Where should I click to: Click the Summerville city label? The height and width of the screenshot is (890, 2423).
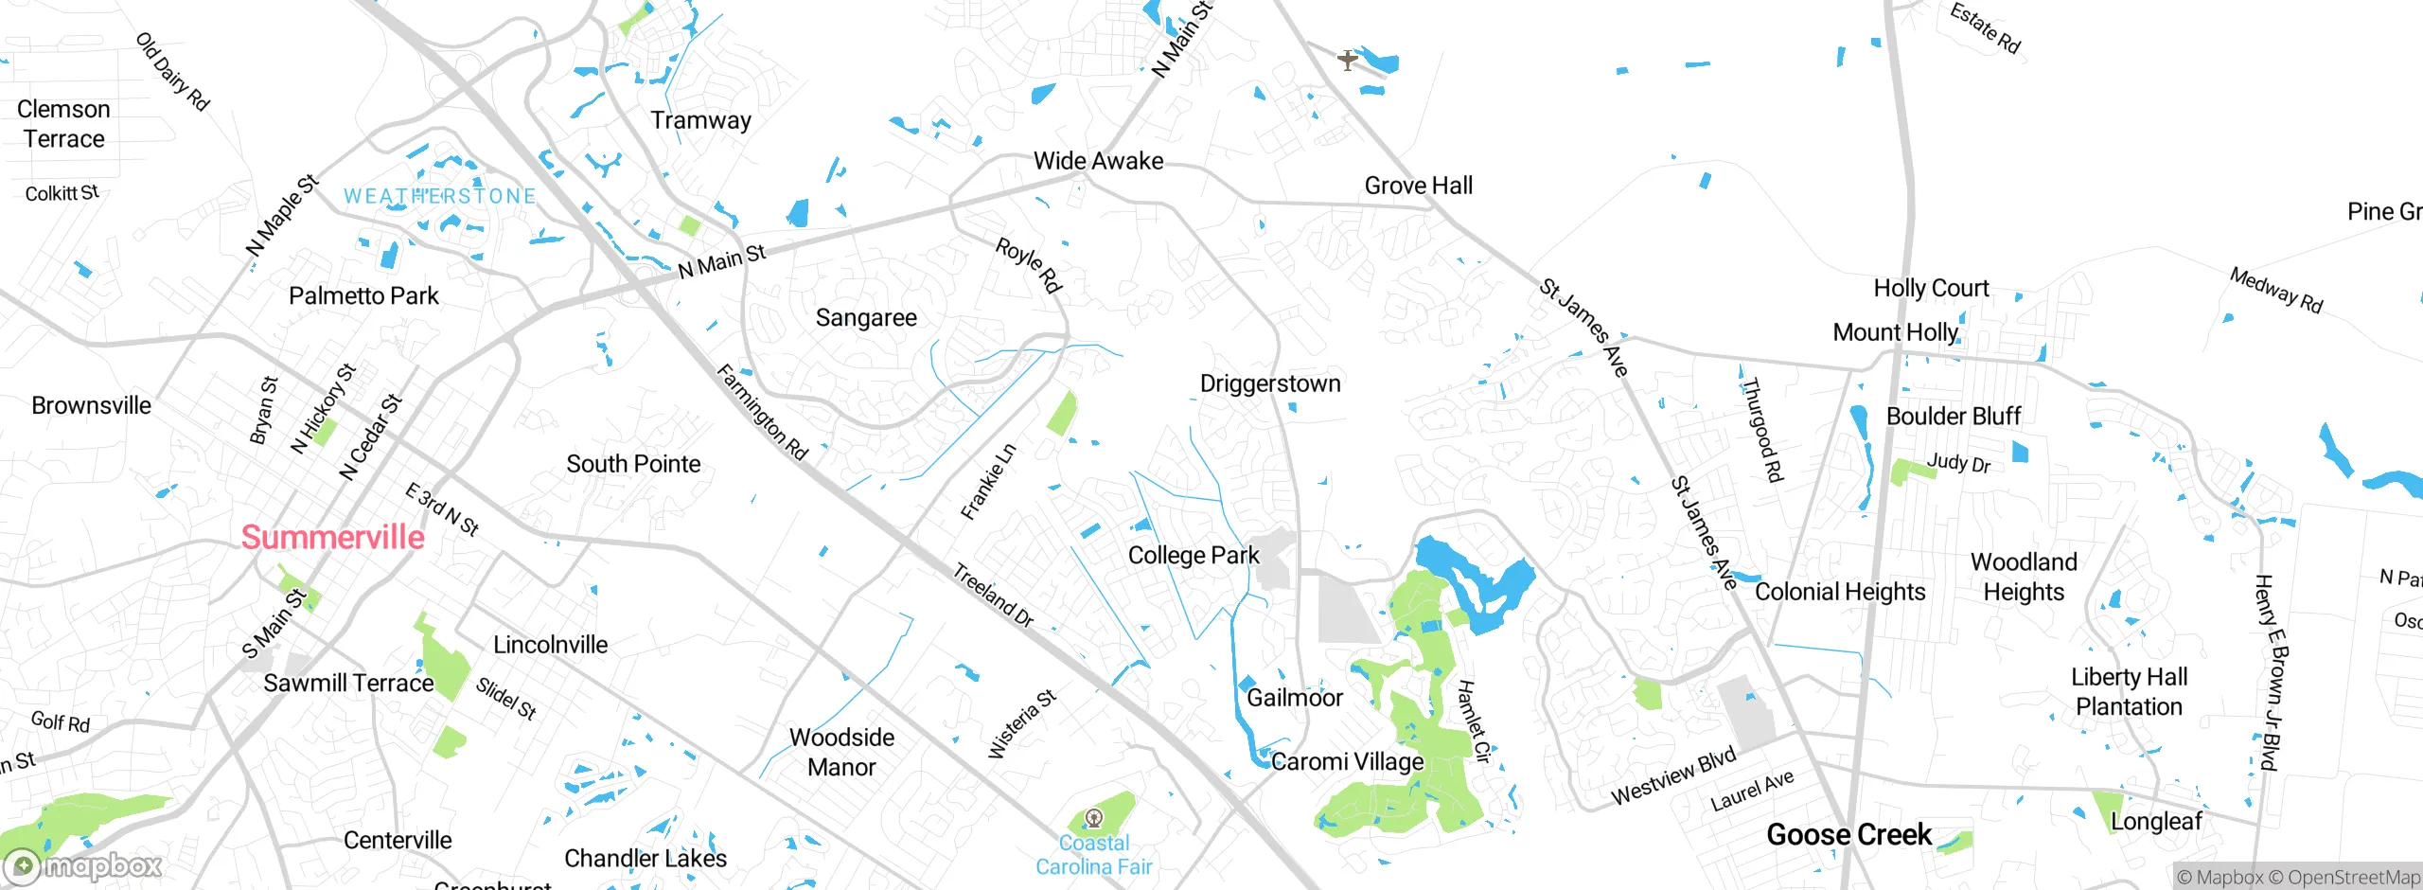tap(332, 537)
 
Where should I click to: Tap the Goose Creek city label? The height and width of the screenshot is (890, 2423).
tap(1848, 834)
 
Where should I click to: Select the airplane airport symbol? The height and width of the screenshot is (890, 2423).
tap(1348, 60)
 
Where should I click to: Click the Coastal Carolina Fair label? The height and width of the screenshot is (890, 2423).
tap(1093, 855)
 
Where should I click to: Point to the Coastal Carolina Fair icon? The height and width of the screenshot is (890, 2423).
tap(1093, 818)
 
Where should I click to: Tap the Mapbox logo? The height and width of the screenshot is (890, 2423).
tap(83, 865)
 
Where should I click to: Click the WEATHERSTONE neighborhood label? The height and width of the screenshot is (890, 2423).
tap(439, 196)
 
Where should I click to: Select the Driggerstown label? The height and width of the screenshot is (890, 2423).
tap(1270, 383)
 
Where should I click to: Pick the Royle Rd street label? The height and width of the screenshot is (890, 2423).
tap(1029, 264)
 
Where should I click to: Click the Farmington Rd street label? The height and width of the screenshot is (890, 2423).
tap(762, 412)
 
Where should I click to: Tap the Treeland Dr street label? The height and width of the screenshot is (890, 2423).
tap(993, 596)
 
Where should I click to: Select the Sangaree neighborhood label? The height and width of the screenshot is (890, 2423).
tap(866, 318)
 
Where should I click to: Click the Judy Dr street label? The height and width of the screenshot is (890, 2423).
tap(1958, 463)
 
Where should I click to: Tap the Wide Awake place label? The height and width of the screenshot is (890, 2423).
tap(1098, 161)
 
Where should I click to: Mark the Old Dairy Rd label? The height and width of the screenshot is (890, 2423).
tap(172, 72)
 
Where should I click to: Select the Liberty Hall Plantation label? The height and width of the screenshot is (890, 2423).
tap(2129, 691)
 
